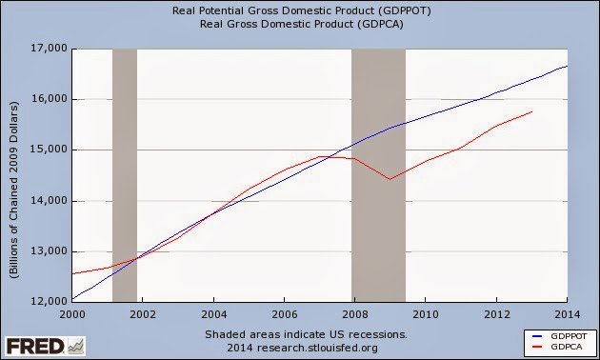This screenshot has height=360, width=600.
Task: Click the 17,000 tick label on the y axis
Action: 49,49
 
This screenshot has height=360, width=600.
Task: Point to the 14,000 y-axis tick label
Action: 49,201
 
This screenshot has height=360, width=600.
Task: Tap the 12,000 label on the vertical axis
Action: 49,302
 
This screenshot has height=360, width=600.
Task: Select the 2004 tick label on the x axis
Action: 214,314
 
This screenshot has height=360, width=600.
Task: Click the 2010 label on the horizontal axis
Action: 426,314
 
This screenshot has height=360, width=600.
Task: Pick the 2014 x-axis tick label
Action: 568,314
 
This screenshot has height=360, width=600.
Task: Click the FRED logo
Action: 45,347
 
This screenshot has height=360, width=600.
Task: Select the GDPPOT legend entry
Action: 559,336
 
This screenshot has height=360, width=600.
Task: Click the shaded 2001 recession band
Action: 125,175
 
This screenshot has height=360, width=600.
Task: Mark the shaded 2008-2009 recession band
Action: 378,175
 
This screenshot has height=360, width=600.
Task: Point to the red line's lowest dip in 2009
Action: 390,179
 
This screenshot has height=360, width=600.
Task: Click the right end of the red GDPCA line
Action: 531,111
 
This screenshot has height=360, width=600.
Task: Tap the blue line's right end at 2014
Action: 567,66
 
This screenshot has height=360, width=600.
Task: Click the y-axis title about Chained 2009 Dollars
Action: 14,190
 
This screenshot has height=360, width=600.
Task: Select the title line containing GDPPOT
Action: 302,10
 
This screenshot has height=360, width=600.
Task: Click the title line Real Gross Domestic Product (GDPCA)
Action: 302,24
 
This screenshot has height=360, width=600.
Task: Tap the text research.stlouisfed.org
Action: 317,348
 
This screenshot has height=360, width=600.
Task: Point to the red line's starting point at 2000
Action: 72,273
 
